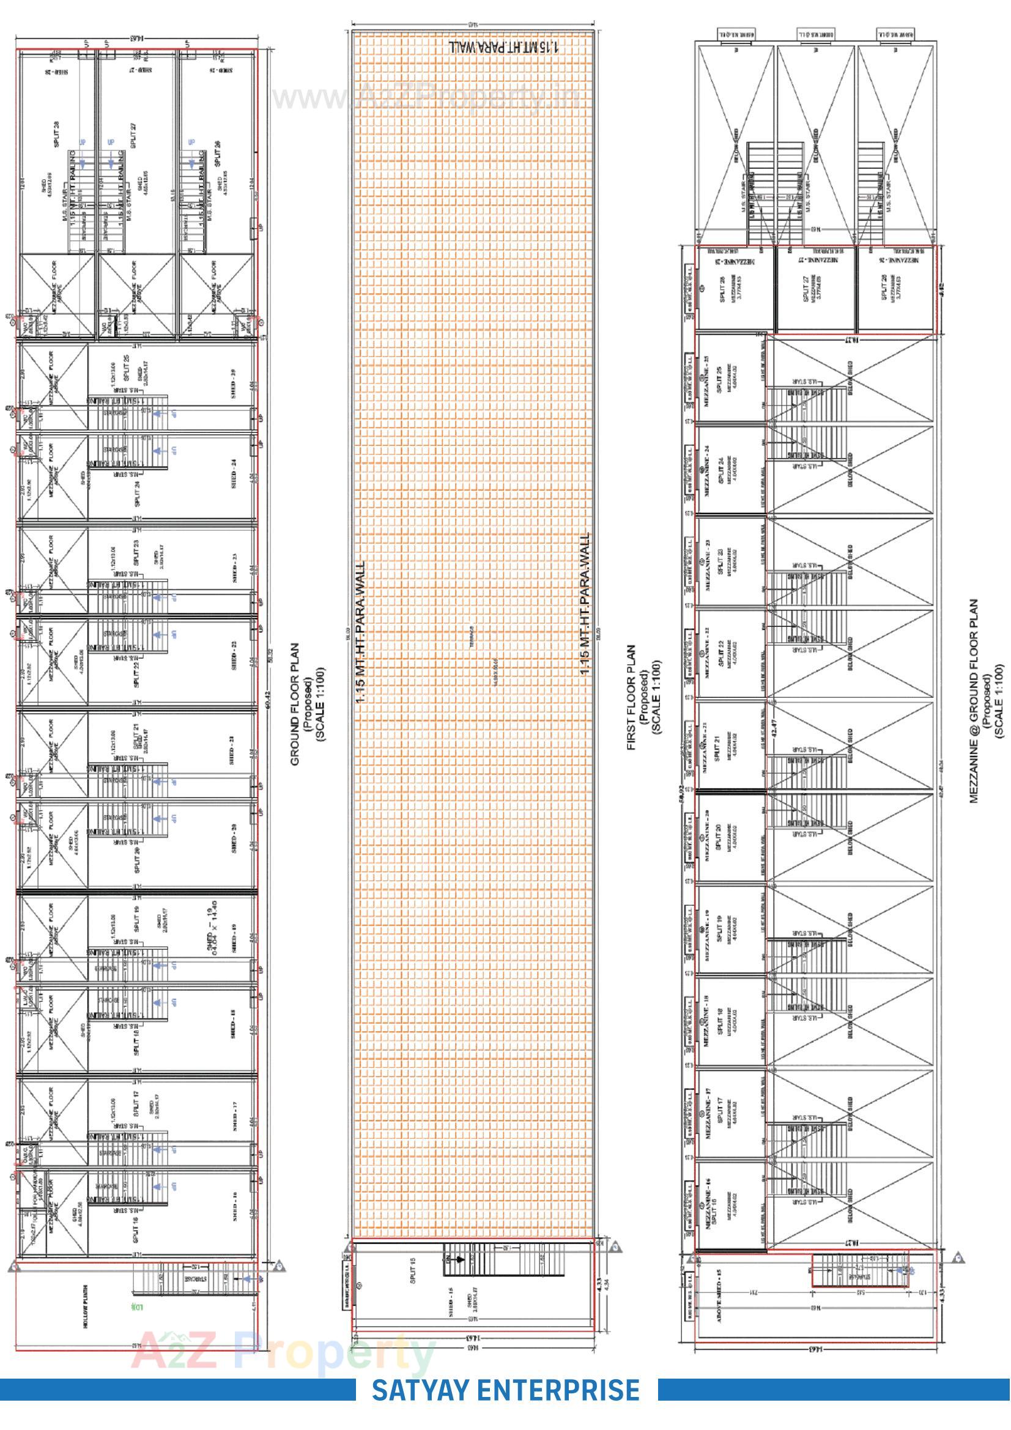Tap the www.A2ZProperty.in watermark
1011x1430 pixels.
coord(427,98)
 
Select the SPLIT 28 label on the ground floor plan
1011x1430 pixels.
coord(57,134)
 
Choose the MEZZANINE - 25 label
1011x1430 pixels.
coord(706,380)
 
